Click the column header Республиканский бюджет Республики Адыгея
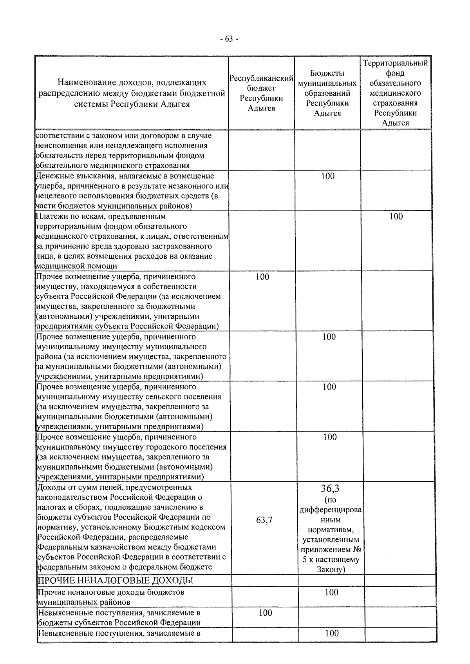coord(261,93)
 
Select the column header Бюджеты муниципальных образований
coord(327,93)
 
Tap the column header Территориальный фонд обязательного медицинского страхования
coord(395,93)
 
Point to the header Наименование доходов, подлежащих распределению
coord(132,93)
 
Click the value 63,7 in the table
coord(264,520)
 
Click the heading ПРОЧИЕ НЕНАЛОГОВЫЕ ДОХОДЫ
coord(115,581)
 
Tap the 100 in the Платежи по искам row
coord(396,216)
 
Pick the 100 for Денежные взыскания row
coord(327,176)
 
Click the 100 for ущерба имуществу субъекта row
coord(262,277)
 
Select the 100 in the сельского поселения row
coord(329,387)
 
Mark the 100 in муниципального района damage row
coord(329,337)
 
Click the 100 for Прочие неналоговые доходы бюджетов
coord(331,592)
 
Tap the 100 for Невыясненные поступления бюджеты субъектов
coord(265,613)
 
